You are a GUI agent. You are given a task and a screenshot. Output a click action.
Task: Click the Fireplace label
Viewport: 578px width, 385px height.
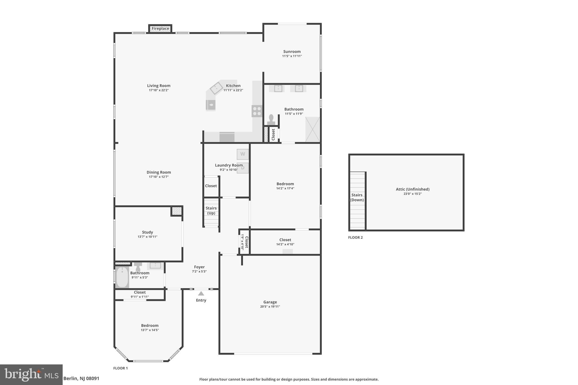tap(160, 28)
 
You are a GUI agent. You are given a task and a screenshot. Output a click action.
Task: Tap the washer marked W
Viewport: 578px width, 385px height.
tap(242, 154)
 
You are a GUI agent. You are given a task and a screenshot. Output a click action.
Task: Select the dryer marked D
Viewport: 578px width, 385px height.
tap(243, 168)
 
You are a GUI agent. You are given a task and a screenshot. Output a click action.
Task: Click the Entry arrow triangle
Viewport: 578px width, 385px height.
tap(201, 294)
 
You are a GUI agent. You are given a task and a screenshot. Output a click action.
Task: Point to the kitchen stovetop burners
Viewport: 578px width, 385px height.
tap(257, 111)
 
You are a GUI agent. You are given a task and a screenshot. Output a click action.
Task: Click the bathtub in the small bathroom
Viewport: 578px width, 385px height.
tap(122, 278)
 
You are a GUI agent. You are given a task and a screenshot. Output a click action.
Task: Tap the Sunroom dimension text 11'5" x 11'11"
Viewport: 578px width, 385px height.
tap(292, 56)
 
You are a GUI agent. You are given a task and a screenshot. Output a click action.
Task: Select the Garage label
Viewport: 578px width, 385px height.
tap(270, 302)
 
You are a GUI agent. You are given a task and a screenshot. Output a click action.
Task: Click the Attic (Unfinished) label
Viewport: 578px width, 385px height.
tap(412, 189)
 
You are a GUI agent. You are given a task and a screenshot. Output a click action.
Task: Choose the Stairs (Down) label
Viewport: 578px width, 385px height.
tap(357, 197)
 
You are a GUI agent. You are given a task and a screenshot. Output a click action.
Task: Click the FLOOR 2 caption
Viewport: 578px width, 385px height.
tap(355, 237)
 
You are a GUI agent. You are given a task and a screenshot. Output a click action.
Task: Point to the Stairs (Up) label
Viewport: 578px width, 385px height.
tap(211, 210)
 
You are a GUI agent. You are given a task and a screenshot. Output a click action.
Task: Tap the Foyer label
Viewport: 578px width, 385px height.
tap(199, 267)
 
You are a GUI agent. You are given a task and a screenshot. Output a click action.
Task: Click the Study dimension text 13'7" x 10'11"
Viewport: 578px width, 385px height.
tap(147, 237)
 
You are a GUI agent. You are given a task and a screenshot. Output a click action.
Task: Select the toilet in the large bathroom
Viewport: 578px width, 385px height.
tap(271, 120)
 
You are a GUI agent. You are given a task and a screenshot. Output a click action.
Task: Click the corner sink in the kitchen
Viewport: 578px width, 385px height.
tap(217, 88)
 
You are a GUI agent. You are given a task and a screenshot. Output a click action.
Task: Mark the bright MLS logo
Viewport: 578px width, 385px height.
tap(31, 375)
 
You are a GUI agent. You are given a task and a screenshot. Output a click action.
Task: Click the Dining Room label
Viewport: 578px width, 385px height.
tap(159, 172)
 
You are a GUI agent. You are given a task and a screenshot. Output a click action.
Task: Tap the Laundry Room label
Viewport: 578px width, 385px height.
tap(229, 165)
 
